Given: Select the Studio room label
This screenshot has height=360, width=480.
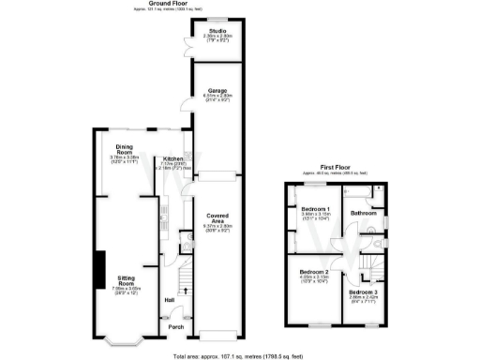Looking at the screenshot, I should [217, 31].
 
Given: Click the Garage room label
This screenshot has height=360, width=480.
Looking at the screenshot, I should [217, 90].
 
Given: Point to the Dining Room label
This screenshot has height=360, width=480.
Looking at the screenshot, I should [125, 150].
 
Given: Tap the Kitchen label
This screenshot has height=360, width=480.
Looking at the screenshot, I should [173, 159].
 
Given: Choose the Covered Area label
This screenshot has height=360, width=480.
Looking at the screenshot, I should [217, 219].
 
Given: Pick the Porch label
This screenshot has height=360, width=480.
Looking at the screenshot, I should [175, 326].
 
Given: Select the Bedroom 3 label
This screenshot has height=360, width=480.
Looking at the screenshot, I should [363, 292].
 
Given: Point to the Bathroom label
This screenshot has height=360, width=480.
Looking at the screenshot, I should [363, 213].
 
